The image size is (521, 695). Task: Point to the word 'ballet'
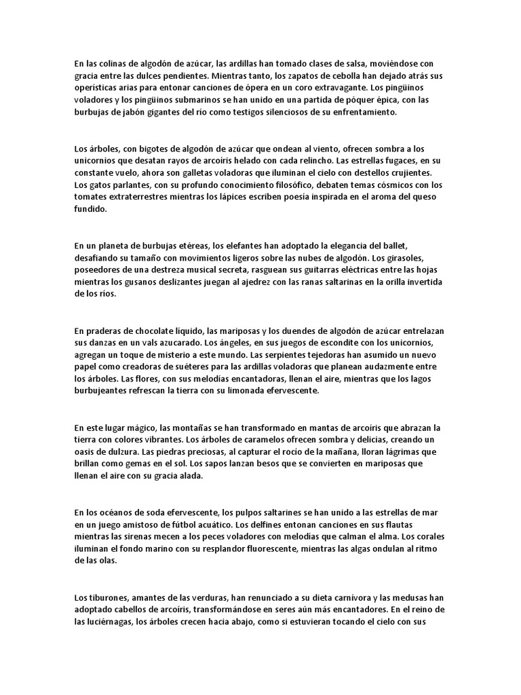[427, 245]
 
